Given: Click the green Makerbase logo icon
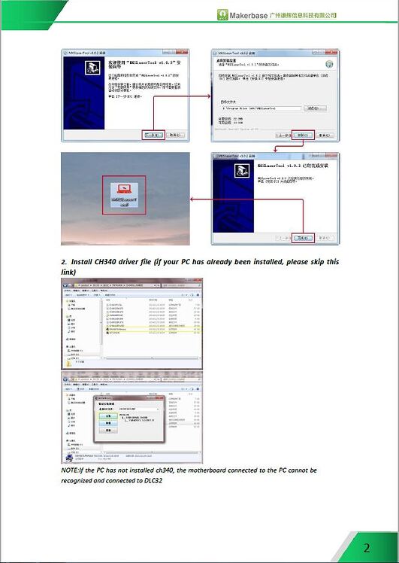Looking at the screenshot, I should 222,14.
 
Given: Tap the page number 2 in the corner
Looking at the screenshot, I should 367,547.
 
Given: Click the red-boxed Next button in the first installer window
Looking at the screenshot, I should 153,134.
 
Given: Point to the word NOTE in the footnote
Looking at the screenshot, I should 70,470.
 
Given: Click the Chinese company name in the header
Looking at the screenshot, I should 303,15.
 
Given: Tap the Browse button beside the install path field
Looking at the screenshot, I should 313,108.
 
